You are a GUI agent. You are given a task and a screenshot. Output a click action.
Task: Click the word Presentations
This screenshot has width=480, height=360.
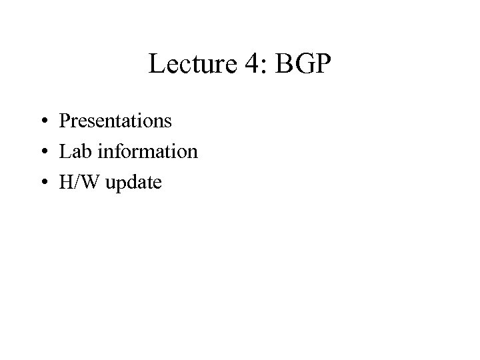click(x=115, y=121)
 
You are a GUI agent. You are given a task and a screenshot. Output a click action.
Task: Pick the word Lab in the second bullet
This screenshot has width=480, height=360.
click(x=73, y=151)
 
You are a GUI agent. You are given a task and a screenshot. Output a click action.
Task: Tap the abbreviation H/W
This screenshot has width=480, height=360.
click(x=79, y=181)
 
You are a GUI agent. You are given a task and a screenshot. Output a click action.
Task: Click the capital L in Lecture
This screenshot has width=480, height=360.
click(x=157, y=65)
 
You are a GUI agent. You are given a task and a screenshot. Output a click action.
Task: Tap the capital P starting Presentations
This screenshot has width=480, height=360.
click(x=64, y=121)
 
